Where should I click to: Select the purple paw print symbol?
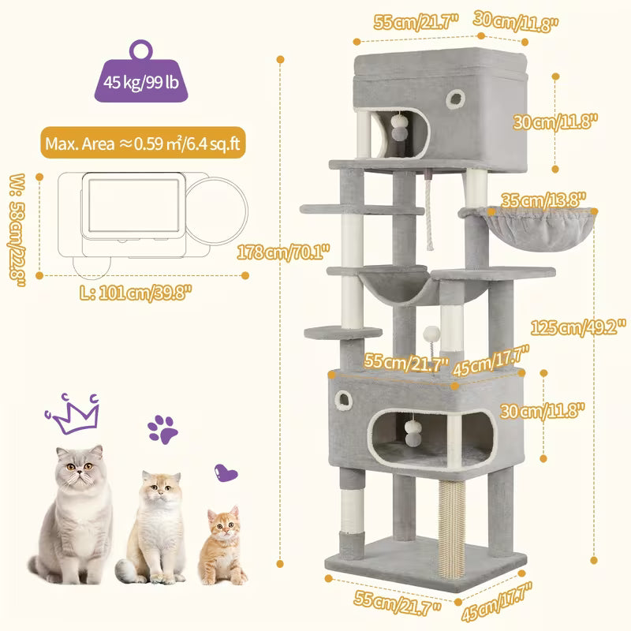tap(162, 429)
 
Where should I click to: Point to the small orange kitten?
tap(223, 544)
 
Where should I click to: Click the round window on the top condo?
tap(456, 98)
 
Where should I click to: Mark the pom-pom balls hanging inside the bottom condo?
tap(413, 427)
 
